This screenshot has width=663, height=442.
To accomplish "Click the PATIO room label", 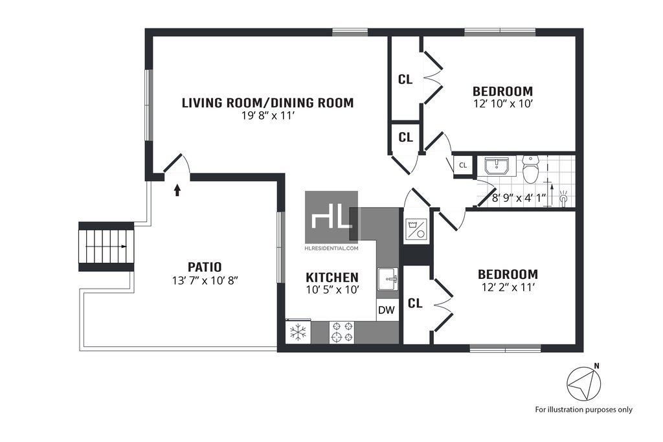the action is (x=205, y=267).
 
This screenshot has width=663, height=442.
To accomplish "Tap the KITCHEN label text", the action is (x=332, y=278).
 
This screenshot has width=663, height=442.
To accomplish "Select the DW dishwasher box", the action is (x=387, y=310).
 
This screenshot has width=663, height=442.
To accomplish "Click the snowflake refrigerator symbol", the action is (x=298, y=332).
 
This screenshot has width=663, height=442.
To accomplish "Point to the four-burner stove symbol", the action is (x=342, y=332).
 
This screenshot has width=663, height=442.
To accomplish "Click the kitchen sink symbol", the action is (x=388, y=279).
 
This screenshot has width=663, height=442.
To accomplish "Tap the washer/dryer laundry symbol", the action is (x=416, y=230).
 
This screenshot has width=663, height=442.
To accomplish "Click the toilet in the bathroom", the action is (x=530, y=169).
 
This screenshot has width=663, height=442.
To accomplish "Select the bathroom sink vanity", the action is (x=497, y=166).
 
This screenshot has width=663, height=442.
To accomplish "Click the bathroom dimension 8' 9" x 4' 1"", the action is (x=519, y=198).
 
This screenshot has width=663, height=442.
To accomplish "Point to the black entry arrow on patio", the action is (x=177, y=190).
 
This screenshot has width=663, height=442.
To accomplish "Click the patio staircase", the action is (x=106, y=247).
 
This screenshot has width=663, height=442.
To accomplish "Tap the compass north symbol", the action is (x=584, y=383).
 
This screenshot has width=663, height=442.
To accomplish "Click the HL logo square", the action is (x=331, y=217).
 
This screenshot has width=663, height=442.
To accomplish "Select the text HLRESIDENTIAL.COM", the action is (x=331, y=249).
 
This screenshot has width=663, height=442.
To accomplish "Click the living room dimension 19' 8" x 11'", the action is (x=267, y=116).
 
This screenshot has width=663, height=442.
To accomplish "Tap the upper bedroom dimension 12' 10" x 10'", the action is (x=502, y=104).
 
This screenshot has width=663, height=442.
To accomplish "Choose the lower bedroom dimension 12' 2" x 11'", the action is (x=508, y=287).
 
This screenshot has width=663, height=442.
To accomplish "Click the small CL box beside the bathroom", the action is (x=463, y=165).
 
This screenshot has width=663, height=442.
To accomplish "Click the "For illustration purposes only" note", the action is (x=584, y=410).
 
